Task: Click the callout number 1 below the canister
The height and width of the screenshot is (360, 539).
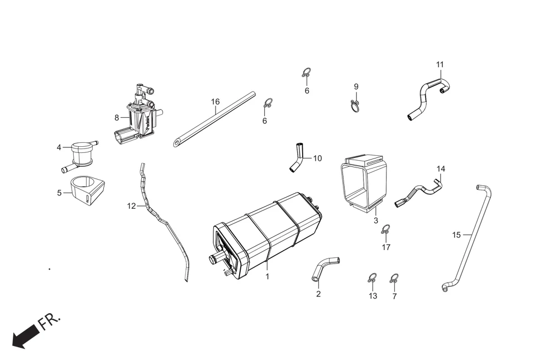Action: (x=267, y=276)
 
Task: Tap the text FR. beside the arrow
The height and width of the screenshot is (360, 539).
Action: (x=50, y=321)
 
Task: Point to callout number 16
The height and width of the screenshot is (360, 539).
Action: (x=216, y=102)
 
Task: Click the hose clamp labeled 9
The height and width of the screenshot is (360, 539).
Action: (x=355, y=105)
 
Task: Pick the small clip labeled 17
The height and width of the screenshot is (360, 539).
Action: (x=385, y=229)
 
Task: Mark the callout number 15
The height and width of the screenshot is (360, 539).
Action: (x=456, y=235)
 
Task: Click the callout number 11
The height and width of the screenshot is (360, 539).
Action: (x=440, y=64)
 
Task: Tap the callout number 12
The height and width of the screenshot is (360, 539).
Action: (x=131, y=206)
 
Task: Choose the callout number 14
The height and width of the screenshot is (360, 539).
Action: (x=441, y=169)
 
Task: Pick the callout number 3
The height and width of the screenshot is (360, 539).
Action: (x=376, y=220)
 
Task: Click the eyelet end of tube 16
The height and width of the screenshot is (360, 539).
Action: (x=177, y=143)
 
